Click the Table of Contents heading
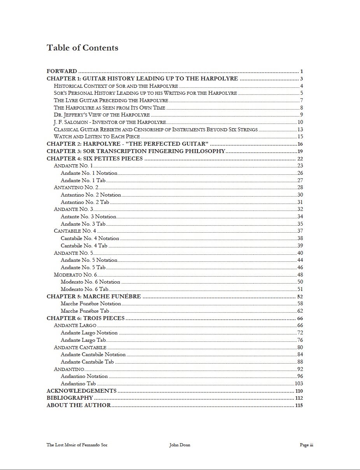82,48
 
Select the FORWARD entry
62,71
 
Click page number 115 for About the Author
299,405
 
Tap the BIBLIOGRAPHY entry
70,398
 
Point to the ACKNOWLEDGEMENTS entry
81,391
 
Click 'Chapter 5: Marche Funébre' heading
94,296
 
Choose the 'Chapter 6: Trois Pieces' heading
86,318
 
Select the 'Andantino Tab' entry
78,383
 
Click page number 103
299,383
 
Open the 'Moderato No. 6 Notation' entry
90,282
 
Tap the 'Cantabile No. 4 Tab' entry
84,245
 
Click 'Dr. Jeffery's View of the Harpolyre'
102,115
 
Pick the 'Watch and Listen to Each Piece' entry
97,136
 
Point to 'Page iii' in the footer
306,445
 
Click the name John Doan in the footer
180,445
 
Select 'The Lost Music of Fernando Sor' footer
77,445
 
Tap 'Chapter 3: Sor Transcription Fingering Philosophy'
136,151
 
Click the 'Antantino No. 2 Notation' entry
91,195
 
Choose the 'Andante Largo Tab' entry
83,340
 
